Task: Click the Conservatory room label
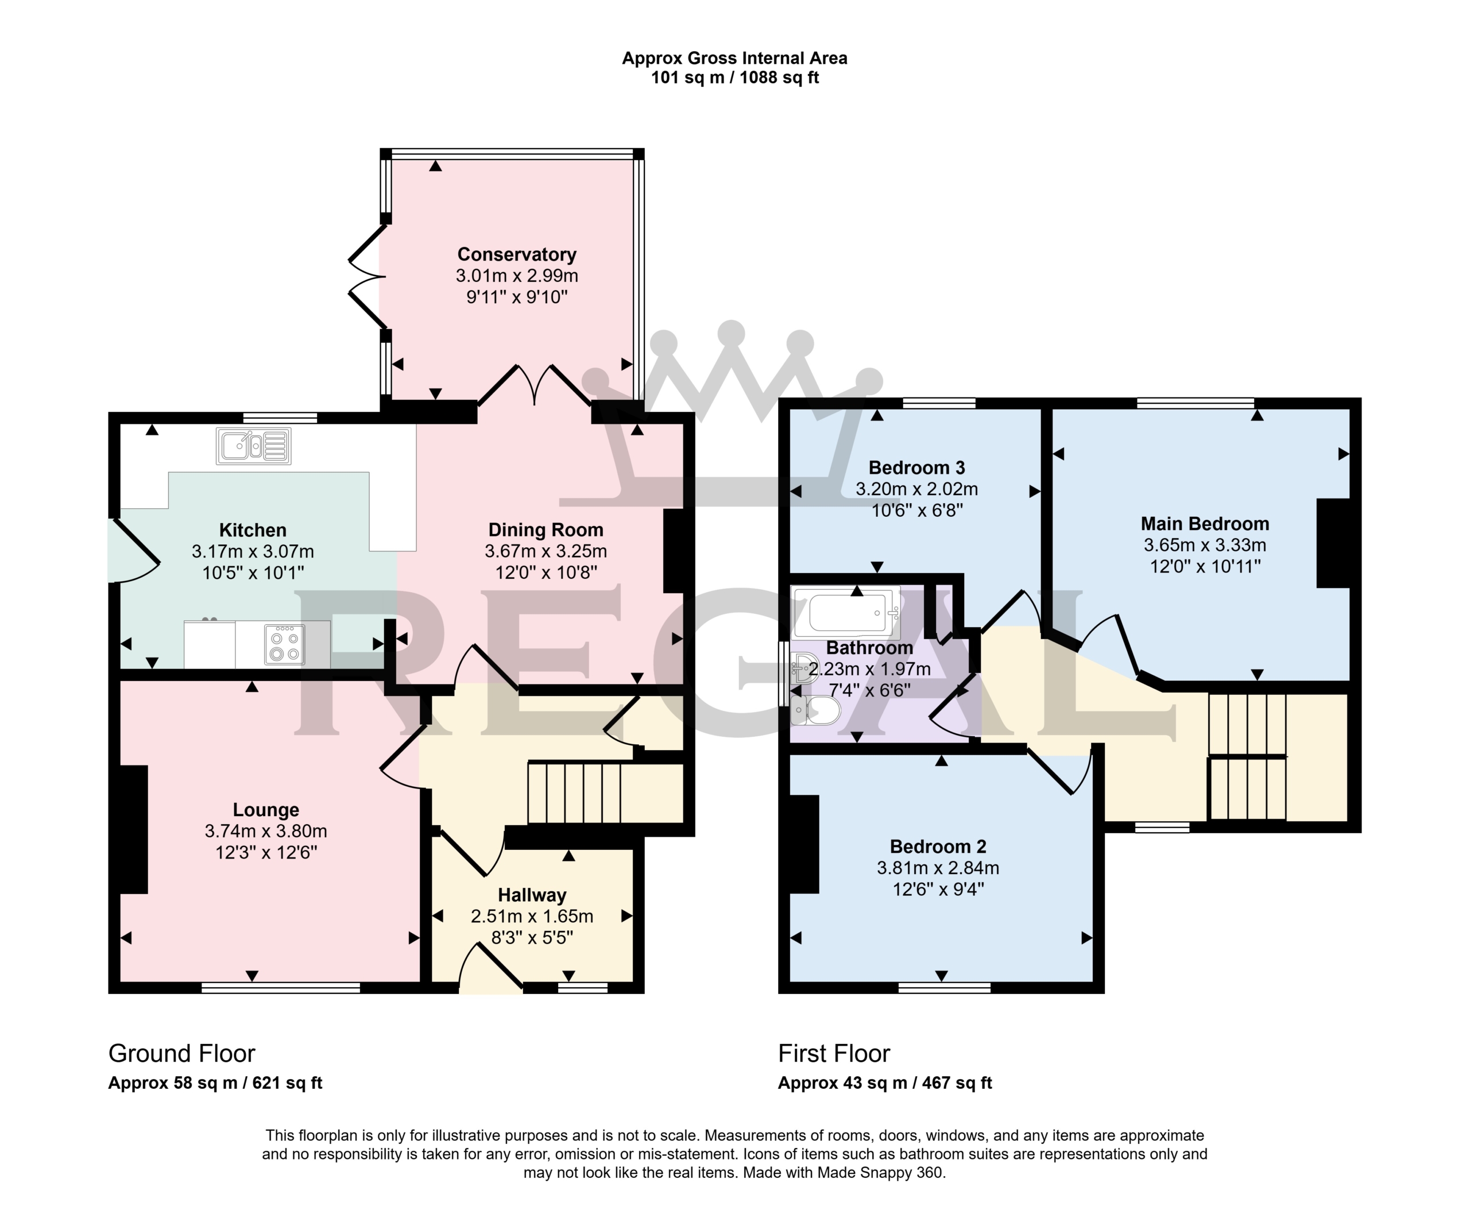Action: [x=517, y=254]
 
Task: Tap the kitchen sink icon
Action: [x=254, y=445]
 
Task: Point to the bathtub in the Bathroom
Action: [x=845, y=612]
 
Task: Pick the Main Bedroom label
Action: [x=1205, y=524]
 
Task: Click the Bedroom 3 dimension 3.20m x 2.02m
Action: [x=916, y=489]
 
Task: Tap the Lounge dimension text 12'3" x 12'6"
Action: [x=266, y=852]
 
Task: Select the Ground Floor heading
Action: [x=182, y=1053]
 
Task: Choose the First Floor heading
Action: [x=834, y=1053]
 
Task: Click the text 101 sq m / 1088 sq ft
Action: [x=734, y=77]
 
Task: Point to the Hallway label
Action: [x=532, y=895]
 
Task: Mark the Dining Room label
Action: [x=546, y=530]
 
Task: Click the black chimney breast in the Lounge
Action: [x=133, y=829]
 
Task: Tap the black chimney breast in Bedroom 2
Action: [x=804, y=844]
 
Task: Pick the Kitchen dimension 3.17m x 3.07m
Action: [x=253, y=551]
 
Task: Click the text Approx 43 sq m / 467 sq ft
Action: [x=885, y=1083]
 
